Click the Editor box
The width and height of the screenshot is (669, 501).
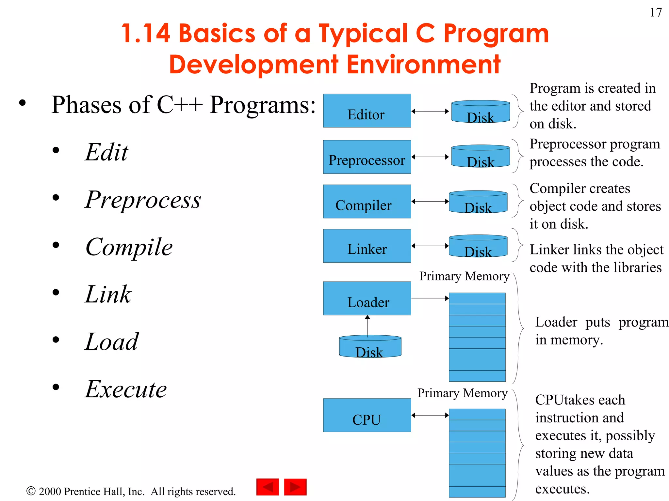click(x=367, y=111)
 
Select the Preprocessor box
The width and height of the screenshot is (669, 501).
click(x=367, y=157)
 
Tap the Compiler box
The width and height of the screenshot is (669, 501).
click(x=367, y=201)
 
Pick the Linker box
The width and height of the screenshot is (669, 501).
click(x=367, y=246)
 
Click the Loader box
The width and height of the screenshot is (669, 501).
click(x=367, y=298)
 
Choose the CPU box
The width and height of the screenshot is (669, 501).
click(x=367, y=415)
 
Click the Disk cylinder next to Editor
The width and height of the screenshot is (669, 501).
click(x=481, y=112)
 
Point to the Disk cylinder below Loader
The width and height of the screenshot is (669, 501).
click(x=370, y=346)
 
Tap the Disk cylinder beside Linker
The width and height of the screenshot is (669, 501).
click(x=478, y=246)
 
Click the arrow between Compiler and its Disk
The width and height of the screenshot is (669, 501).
click(x=430, y=201)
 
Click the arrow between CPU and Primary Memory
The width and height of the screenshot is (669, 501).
click(x=430, y=415)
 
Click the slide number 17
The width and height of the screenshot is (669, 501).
click(x=656, y=12)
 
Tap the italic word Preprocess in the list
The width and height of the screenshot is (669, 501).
click(x=143, y=200)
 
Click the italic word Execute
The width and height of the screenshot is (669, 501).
click(x=126, y=389)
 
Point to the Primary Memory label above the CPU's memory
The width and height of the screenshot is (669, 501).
click(x=462, y=393)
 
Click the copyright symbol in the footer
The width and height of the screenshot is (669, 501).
click(x=31, y=491)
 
